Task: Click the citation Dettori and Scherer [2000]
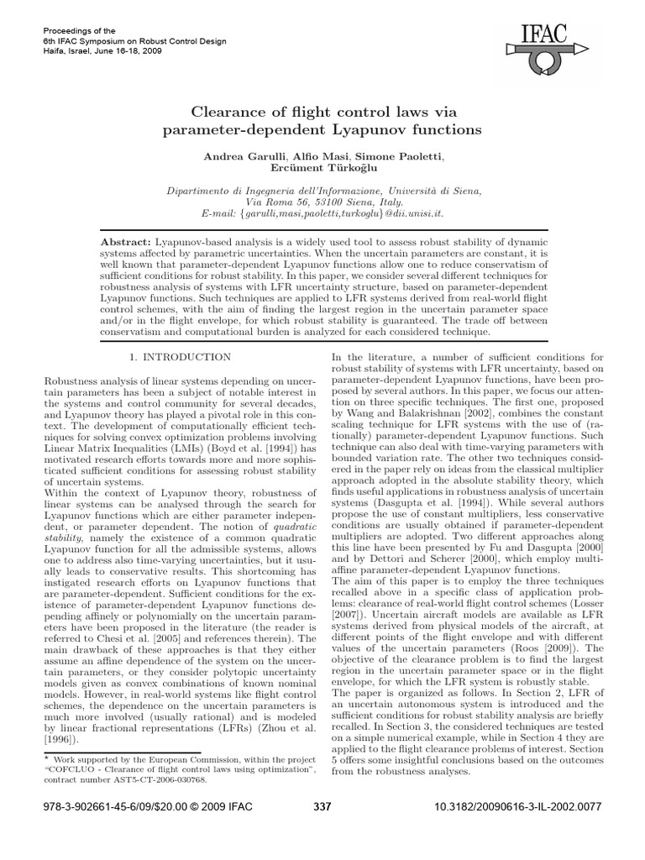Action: [x=418, y=579]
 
